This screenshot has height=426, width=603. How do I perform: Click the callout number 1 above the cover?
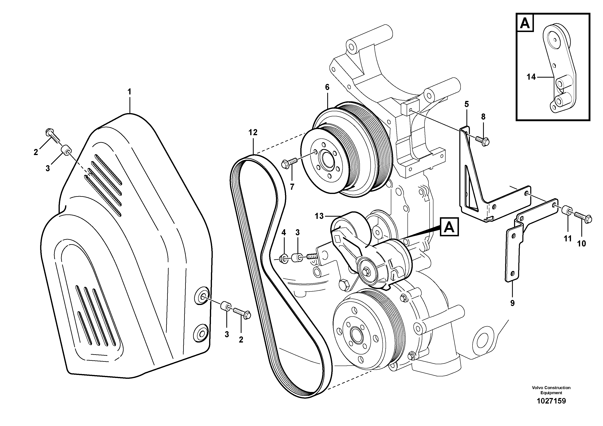[129, 92]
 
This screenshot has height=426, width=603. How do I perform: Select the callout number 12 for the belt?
[253, 133]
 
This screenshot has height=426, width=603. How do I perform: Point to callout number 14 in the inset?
[531, 77]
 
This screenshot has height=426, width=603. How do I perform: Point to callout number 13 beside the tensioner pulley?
[319, 216]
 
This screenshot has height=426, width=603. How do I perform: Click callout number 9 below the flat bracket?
[512, 303]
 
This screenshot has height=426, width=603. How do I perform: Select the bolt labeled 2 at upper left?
[53, 135]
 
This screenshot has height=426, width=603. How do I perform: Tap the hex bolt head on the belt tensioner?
[366, 271]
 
